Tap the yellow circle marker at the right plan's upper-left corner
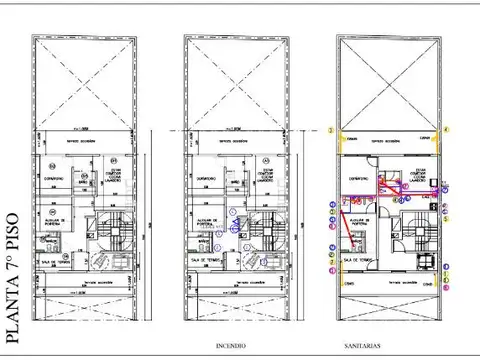pyautogui.click(x=331, y=130)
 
